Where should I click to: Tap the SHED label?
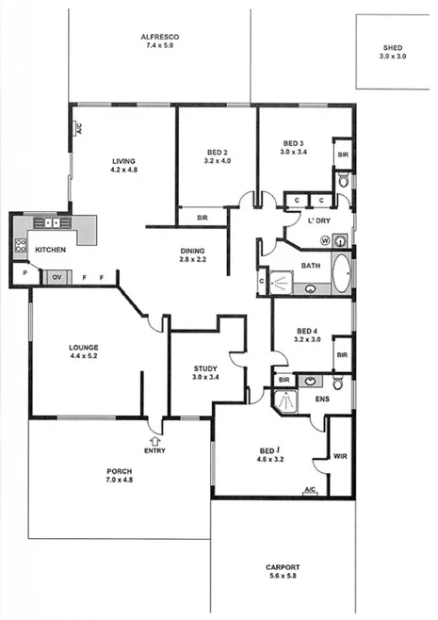pos(392,47)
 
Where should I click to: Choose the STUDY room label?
pos(206,368)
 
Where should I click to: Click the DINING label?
pos(193,251)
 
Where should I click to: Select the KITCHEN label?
pos(49,249)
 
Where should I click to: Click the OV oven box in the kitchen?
pos(57,277)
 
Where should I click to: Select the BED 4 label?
pos(307,332)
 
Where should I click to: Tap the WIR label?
pos(341,457)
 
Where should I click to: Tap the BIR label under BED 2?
pos(203,218)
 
